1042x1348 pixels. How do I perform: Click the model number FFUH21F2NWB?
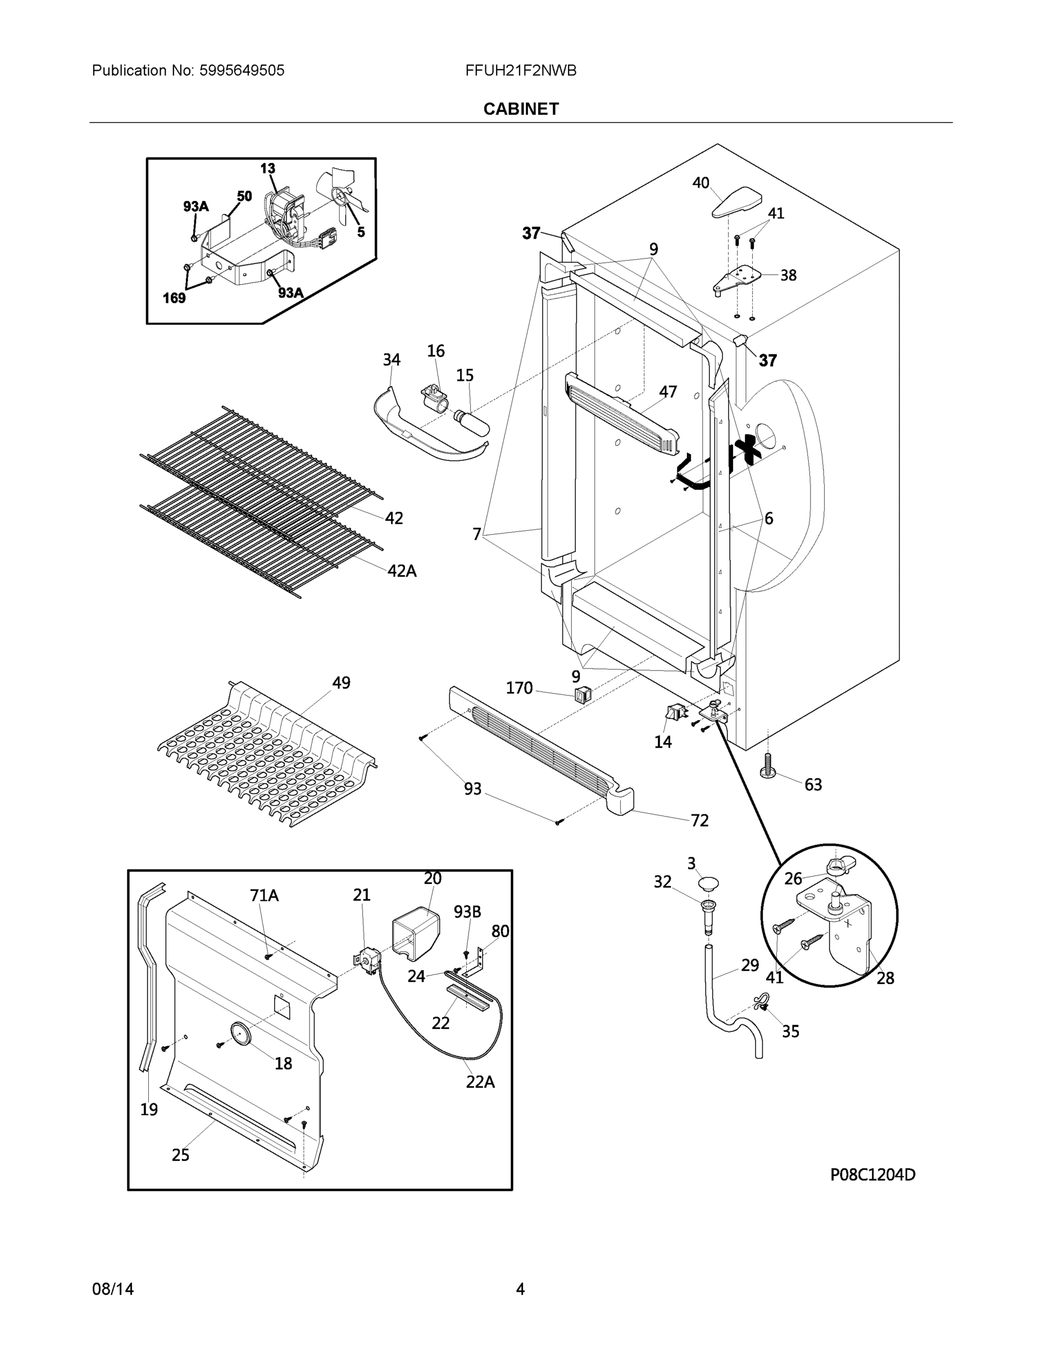(520, 71)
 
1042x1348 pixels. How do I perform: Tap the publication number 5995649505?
(242, 71)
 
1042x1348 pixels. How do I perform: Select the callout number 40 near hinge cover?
(700, 183)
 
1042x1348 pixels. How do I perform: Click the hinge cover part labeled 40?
(738, 202)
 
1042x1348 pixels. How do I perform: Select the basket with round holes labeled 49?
(266, 756)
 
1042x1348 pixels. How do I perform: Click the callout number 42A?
(402, 571)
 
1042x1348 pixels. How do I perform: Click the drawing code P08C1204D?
(872, 1174)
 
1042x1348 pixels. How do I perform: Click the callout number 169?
(174, 298)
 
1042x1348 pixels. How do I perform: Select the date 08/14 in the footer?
(113, 1289)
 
